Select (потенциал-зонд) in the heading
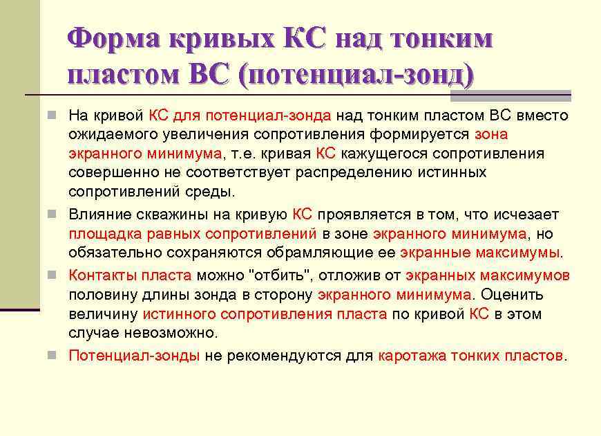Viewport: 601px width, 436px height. pyautogui.click(x=356, y=74)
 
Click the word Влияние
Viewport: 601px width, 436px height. pyautogui.click(x=97, y=215)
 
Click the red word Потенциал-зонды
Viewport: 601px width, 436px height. pyautogui.click(x=134, y=356)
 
